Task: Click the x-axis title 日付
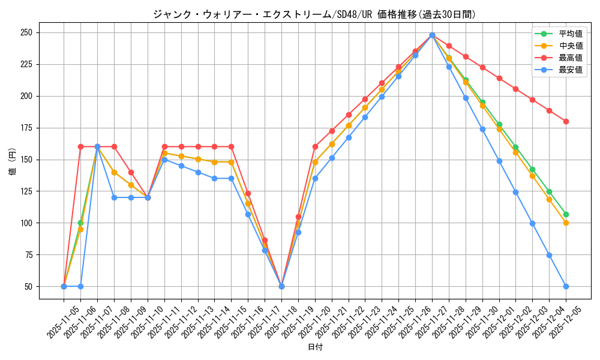pyautogui.click(x=315, y=347)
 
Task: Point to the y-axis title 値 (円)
pyautogui.click(x=13, y=162)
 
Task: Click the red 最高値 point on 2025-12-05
pyautogui.click(x=566, y=121)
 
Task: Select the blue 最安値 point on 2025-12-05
pyautogui.click(x=566, y=286)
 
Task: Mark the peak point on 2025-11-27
pyautogui.click(x=432, y=35)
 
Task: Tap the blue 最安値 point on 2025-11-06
pyautogui.click(x=80, y=286)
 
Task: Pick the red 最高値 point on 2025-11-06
pyautogui.click(x=80, y=146)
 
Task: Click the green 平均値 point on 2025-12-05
pyautogui.click(x=566, y=214)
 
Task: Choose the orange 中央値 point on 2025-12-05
pyautogui.click(x=566, y=223)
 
